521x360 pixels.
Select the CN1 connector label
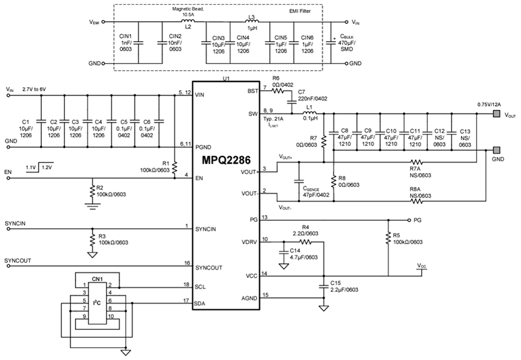pyautogui.click(x=97, y=280)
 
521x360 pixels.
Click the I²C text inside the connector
pyautogui.click(x=96, y=302)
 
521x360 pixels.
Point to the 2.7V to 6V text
pyautogui.click(x=35, y=90)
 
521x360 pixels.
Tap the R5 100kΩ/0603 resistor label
pyautogui.click(x=407, y=238)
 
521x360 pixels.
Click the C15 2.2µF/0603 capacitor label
pyautogui.click(x=343, y=286)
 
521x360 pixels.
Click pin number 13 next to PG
pyautogui.click(x=265, y=216)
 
